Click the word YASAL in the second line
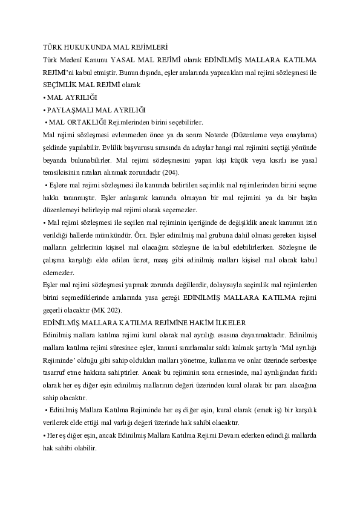[x=135, y=60]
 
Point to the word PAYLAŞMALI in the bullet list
[x=68, y=109]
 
